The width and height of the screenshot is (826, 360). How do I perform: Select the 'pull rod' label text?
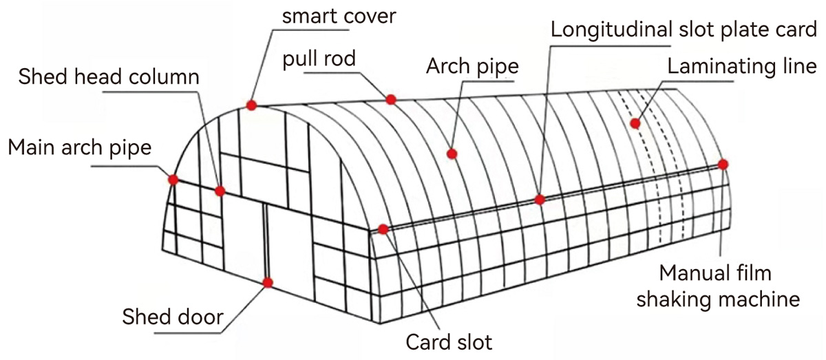click(319, 59)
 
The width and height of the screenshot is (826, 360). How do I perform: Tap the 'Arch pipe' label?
click(472, 67)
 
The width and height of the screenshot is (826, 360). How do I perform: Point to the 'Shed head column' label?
click(109, 76)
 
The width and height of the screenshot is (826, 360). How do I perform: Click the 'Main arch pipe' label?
click(78, 147)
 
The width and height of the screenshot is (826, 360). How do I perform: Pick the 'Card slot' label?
click(449, 341)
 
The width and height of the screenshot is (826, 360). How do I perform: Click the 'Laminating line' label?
click(741, 67)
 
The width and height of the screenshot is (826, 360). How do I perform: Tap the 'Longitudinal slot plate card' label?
click(685, 30)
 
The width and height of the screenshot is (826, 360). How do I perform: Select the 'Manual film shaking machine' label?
click(719, 286)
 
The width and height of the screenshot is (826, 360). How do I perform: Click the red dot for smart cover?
click(251, 105)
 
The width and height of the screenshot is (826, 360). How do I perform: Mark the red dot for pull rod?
click(391, 99)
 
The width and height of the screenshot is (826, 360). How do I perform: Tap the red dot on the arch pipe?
click(452, 153)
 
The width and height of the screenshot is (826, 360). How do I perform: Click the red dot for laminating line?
click(635, 123)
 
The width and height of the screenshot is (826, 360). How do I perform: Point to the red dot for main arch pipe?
click(173, 179)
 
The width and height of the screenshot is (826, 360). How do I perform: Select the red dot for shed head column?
click(220, 191)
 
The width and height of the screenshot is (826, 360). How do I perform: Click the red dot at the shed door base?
click(268, 282)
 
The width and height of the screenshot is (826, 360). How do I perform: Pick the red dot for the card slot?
click(383, 229)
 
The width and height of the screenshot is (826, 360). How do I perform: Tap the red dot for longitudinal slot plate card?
click(540, 200)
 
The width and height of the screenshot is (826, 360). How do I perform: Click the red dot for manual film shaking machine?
click(723, 164)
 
